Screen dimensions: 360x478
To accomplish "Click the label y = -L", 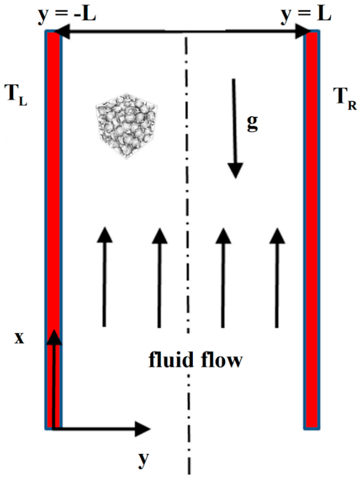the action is coord(67,15).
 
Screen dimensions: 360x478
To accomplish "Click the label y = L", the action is coord(306,15).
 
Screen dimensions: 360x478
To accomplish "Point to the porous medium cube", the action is coord(126,126).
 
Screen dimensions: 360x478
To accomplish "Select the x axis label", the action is coord(19,338).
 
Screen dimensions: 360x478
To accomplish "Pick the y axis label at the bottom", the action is coord(143,458).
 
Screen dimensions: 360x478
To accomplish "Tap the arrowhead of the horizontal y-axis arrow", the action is coord(143,429).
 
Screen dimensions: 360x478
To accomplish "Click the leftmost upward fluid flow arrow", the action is coord(104,277).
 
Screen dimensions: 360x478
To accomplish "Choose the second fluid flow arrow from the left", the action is coord(160,277).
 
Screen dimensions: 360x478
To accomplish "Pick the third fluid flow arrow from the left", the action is coord(223,277).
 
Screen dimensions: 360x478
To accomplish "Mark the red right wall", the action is coord(312,228).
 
